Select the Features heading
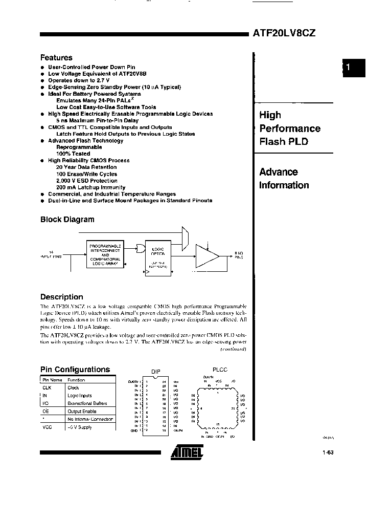coord(56,58)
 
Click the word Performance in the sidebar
coord(290,128)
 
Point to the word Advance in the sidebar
coord(279,172)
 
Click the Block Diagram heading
coord(67,219)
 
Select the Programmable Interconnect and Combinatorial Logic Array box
coord(105,254)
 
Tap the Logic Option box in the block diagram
coord(158,256)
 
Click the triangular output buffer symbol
coord(207,256)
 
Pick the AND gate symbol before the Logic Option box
coord(141,248)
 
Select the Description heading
coord(61,297)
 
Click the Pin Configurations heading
coord(75,369)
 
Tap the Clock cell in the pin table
coord(73,387)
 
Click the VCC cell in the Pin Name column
coord(47,427)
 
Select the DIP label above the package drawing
coord(156,372)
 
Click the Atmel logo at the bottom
coord(187,450)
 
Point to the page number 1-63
coord(328,452)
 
